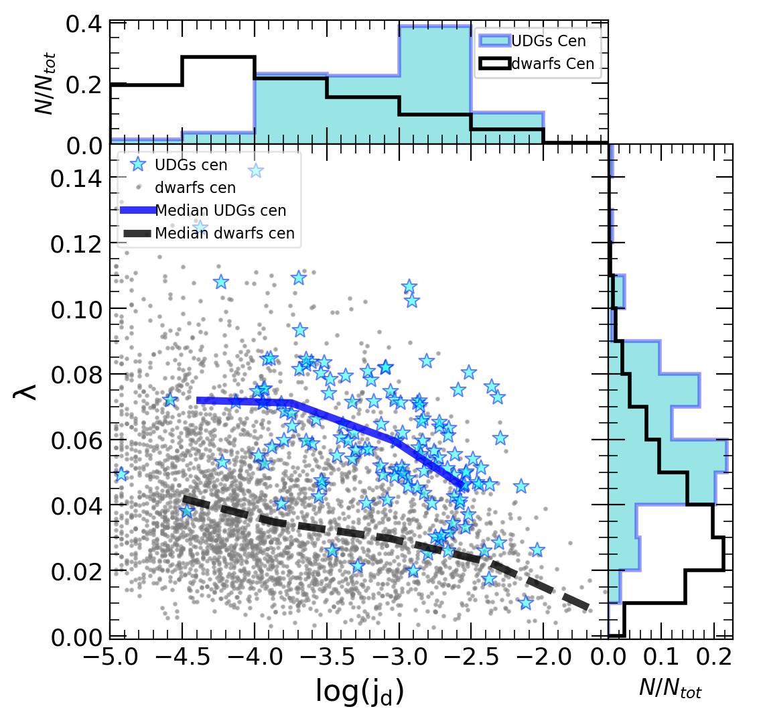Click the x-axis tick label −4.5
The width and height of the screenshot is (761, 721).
click(x=182, y=657)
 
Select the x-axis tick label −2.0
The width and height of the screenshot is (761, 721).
click(x=543, y=657)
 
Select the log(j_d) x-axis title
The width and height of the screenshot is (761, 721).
click(x=360, y=691)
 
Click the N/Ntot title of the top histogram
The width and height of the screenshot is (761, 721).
click(x=45, y=83)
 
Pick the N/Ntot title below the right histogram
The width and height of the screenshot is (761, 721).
click(x=671, y=688)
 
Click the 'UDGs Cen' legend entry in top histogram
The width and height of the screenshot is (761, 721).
click(x=549, y=42)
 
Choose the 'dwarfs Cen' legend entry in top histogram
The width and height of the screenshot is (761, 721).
click(x=553, y=64)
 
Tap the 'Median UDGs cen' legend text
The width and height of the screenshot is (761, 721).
click(x=221, y=210)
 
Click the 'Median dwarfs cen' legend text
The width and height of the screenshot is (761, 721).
click(x=224, y=233)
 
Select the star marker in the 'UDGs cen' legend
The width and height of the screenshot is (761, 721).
click(x=138, y=165)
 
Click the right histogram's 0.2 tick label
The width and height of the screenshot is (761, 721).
click(x=713, y=657)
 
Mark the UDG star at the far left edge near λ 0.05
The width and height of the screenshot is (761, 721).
click(x=121, y=474)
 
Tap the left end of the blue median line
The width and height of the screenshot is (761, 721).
click(x=197, y=400)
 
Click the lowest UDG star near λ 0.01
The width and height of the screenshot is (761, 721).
click(x=526, y=602)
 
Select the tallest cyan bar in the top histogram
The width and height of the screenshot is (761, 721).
click(x=435, y=84)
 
